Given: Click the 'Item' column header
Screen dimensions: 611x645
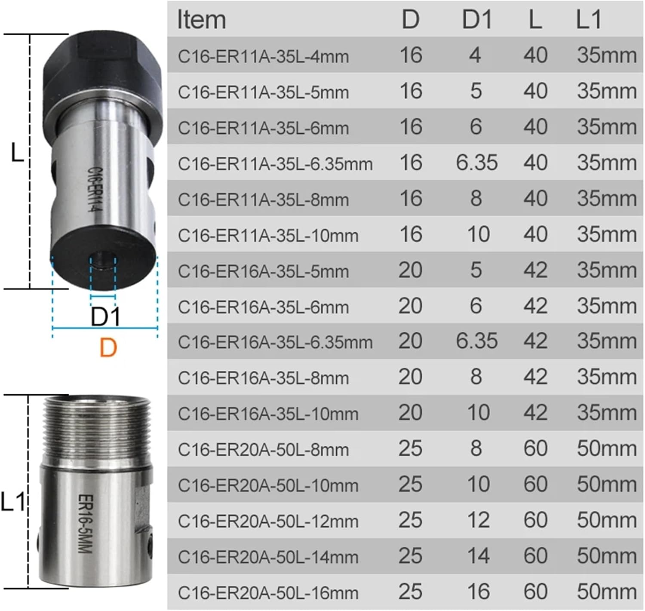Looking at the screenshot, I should (201, 20).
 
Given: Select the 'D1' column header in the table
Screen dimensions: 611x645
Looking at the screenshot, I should (476, 20).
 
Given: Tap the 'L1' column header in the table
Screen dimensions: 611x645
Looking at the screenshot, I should (588, 20).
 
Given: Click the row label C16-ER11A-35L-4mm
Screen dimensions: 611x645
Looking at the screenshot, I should (263, 56).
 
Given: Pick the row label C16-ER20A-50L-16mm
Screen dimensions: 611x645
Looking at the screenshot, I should (268, 593).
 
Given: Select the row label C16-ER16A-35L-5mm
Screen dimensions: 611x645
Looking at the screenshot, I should (263, 271).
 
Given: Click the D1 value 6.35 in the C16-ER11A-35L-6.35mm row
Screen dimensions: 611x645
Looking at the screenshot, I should (476, 163).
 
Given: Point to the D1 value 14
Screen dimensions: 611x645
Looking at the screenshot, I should (478, 556).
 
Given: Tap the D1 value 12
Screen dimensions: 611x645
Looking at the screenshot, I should (478, 520).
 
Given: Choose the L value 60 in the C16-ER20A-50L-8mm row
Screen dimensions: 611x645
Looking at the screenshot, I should (535, 448).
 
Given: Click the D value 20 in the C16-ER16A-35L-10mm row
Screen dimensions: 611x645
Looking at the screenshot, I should (410, 413).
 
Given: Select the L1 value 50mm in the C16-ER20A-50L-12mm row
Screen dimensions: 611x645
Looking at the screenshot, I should (606, 520).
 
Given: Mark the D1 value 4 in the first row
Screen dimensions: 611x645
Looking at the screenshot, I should (475, 55).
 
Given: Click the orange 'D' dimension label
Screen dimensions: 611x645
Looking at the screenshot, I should (108, 347).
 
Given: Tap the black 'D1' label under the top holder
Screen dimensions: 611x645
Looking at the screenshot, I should (106, 317).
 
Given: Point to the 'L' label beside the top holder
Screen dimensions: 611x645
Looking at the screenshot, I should (17, 153).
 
